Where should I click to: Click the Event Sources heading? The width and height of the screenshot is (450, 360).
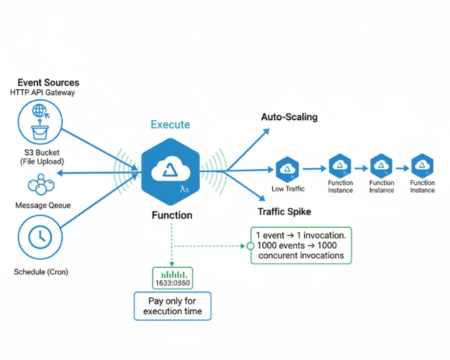[x=49, y=82]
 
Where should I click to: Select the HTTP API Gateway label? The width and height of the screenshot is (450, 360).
[x=43, y=93]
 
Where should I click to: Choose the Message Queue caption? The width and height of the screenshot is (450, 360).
[x=41, y=205]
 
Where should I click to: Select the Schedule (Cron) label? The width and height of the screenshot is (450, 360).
[x=41, y=271]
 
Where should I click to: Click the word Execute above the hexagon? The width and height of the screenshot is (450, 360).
[x=170, y=124]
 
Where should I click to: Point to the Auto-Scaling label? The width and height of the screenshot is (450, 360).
[x=289, y=117]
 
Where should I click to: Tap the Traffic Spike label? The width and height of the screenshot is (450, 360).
[x=284, y=212]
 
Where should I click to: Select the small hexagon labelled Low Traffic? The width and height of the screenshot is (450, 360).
[x=287, y=169]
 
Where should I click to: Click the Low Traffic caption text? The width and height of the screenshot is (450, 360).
[x=288, y=189]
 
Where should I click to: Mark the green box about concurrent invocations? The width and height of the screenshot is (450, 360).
[x=302, y=245]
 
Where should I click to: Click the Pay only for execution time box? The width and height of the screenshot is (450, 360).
[x=172, y=306]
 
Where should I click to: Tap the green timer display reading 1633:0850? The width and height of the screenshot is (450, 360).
[x=172, y=278]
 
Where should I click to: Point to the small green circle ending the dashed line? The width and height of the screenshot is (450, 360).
[x=250, y=246]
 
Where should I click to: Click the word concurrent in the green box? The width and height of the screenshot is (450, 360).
[x=284, y=255]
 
